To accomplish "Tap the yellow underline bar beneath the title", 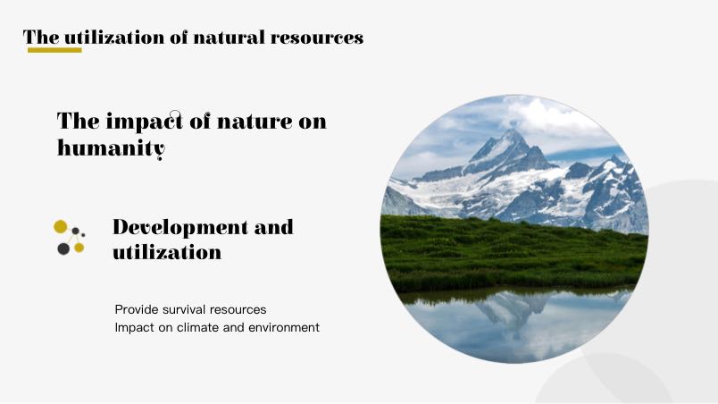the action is pos(54,50).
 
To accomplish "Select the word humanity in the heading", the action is pos(111,148).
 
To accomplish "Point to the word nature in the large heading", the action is pos(255,122).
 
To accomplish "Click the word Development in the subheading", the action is pos(180,228).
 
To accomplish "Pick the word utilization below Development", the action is pos(167,252).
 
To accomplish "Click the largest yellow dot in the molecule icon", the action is pos(61,226).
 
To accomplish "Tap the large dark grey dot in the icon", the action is pos(63,248).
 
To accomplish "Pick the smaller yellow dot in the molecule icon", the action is pos(79,248).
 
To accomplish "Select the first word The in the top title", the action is pos(41,38).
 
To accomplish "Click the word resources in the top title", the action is pos(317,38).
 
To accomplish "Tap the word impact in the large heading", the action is pos(145,122).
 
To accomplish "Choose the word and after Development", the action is pos(274,227).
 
